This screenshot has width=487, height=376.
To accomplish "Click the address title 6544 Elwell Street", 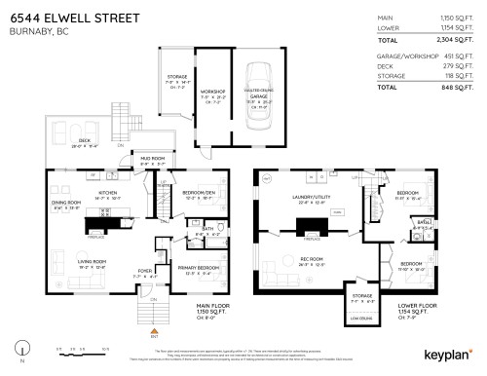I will [74, 19].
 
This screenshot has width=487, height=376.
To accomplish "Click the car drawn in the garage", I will [259, 93].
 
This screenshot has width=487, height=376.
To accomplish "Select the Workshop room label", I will [213, 94].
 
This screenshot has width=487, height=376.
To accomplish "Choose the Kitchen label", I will [107, 192].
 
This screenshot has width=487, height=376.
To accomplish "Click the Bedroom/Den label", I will [200, 192].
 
